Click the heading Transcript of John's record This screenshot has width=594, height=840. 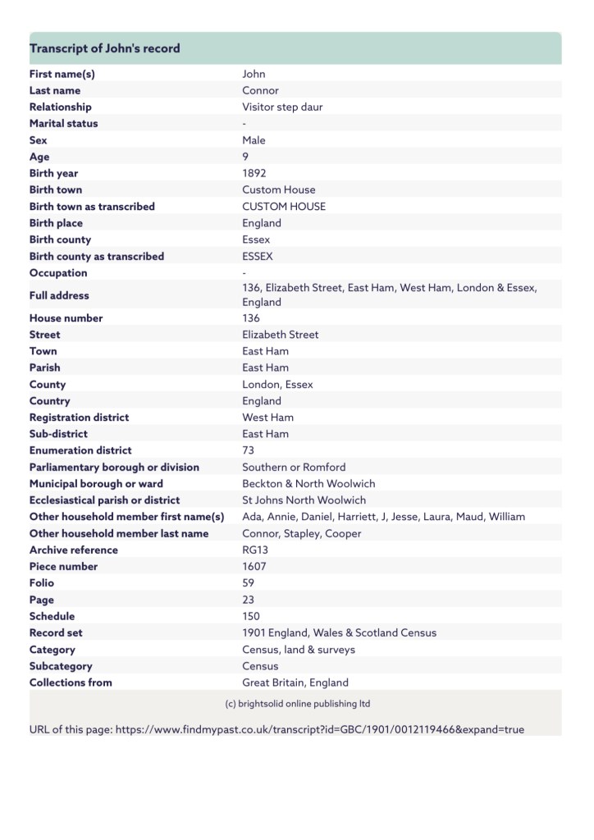105,48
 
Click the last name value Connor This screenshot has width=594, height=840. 260,90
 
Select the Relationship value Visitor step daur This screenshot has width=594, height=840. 282,107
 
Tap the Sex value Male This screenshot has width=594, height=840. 254,140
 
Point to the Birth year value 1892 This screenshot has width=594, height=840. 254,173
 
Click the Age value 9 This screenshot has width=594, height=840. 245,157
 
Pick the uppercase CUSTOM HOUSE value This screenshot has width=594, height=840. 284,207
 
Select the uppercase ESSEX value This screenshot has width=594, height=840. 258,256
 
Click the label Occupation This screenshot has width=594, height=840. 58,273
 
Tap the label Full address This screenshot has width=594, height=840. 59,295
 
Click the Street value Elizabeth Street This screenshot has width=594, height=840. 281,335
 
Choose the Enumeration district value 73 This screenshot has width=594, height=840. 249,450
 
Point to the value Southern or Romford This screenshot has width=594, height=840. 294,467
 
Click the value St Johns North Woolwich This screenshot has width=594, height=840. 304,500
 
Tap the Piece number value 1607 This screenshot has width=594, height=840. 254,567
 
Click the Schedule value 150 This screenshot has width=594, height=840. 251,616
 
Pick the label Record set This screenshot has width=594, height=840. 56,632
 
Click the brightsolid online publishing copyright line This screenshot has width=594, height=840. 297,704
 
